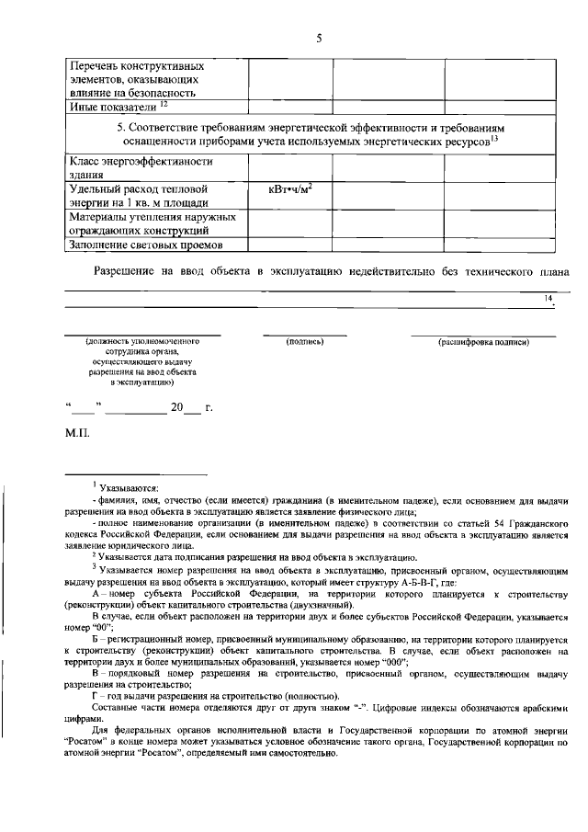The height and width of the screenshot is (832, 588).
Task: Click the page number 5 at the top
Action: [319, 38]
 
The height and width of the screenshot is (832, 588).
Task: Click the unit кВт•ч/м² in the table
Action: [288, 188]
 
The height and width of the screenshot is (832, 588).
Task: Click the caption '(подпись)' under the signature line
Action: [305, 342]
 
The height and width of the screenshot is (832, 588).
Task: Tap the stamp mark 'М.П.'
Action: [76, 433]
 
